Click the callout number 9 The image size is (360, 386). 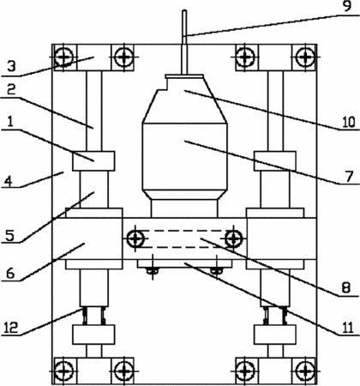pos(347,6)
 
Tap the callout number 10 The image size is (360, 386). pos(349,122)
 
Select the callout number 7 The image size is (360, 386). pos(349,177)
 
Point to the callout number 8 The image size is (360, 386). pos(345,288)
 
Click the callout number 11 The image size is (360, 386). pos(348,328)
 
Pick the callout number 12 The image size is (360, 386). pos(11,328)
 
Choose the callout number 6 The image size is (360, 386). pos(10,274)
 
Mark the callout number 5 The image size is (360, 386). pos(9,236)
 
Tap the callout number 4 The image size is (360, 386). pos(9,181)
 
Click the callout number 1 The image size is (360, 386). pos(10,122)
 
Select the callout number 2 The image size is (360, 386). pos(11,90)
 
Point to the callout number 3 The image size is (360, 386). pos(11,67)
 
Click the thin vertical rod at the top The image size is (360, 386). pos(184,43)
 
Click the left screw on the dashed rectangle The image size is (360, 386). pos(135,238)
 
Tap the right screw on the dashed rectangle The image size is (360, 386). pos(234,238)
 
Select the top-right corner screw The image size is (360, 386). pos(306,57)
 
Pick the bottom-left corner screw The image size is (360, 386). pos(63,371)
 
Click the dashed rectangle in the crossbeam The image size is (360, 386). pos(184,238)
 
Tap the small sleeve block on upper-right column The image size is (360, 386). pos(275,161)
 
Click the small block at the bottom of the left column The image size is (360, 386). pos(93,335)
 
